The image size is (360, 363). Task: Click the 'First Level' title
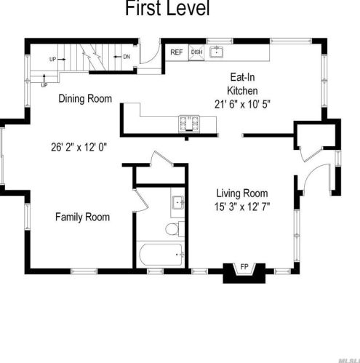167,9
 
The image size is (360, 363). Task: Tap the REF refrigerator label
177,52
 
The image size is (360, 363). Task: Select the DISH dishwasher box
196,52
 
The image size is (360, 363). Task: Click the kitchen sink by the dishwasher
217,52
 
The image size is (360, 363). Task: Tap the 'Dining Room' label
85,98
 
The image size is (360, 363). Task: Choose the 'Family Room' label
83,217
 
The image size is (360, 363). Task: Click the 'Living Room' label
241,193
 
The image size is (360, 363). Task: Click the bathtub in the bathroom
161,255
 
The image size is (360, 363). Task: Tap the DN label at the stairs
125,56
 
